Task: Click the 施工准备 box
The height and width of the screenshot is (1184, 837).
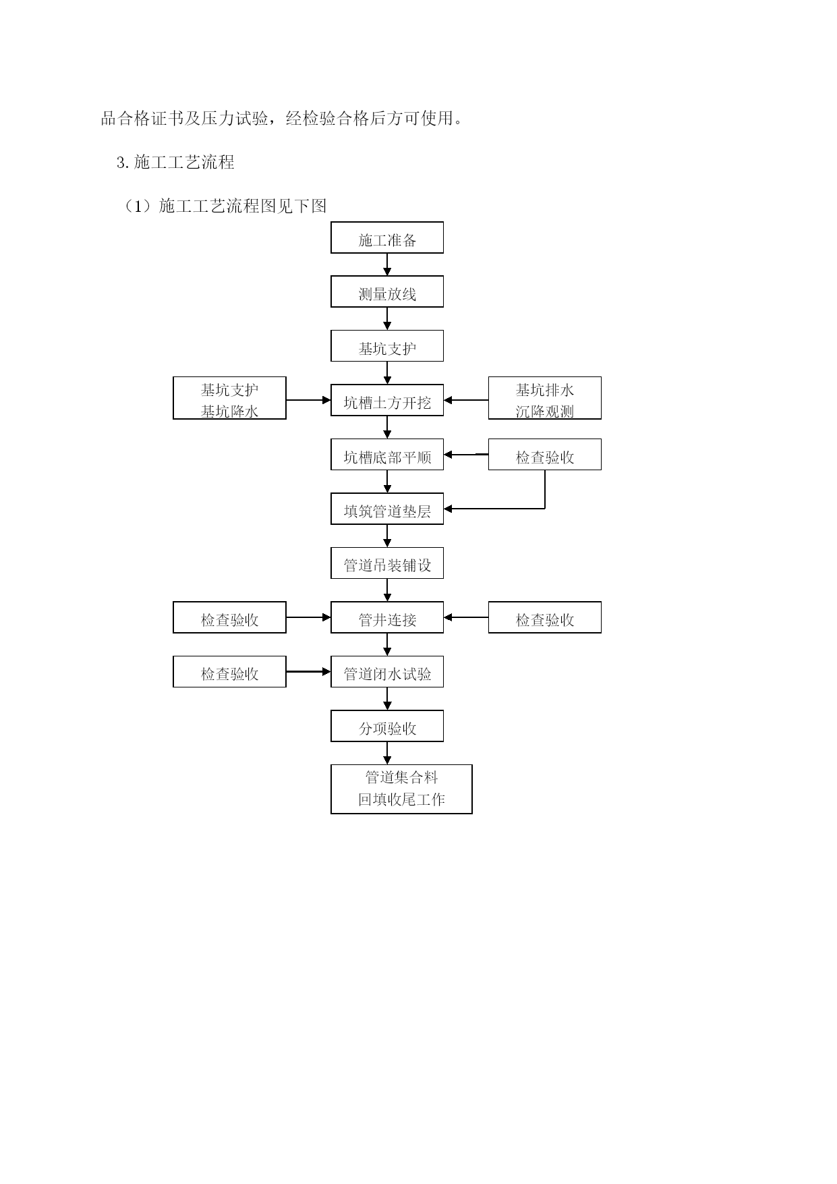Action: (x=387, y=237)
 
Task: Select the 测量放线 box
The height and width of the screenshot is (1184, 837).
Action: (x=387, y=291)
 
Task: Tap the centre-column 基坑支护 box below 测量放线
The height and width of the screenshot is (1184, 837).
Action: (x=387, y=346)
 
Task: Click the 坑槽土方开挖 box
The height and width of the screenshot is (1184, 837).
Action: (x=387, y=400)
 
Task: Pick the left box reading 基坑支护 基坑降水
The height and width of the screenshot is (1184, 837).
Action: (x=229, y=398)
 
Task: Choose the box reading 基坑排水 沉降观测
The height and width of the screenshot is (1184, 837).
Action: (x=545, y=398)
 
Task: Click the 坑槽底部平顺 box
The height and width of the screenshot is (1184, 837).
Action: (x=387, y=455)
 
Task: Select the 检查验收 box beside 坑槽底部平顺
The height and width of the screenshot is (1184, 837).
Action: (x=545, y=455)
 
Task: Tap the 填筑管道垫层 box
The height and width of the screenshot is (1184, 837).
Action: (x=387, y=509)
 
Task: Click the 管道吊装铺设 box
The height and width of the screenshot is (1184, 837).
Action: (x=387, y=563)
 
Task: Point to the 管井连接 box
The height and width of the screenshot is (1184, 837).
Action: (x=387, y=617)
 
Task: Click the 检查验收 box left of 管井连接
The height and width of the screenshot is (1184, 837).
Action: (x=229, y=617)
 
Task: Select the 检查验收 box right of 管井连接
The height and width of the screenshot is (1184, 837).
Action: (x=545, y=617)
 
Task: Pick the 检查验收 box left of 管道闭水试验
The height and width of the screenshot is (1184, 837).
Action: (x=229, y=672)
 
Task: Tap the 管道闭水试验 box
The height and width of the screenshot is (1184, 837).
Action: (x=387, y=672)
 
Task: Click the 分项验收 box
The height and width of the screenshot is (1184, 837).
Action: (x=387, y=726)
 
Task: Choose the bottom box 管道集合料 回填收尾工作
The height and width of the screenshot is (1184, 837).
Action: (x=401, y=789)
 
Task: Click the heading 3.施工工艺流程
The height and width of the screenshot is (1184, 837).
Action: (x=175, y=162)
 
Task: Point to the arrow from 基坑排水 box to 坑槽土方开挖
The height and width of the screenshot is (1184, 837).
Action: (x=466, y=400)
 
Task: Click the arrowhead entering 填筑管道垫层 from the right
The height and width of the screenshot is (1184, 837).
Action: (x=448, y=509)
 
